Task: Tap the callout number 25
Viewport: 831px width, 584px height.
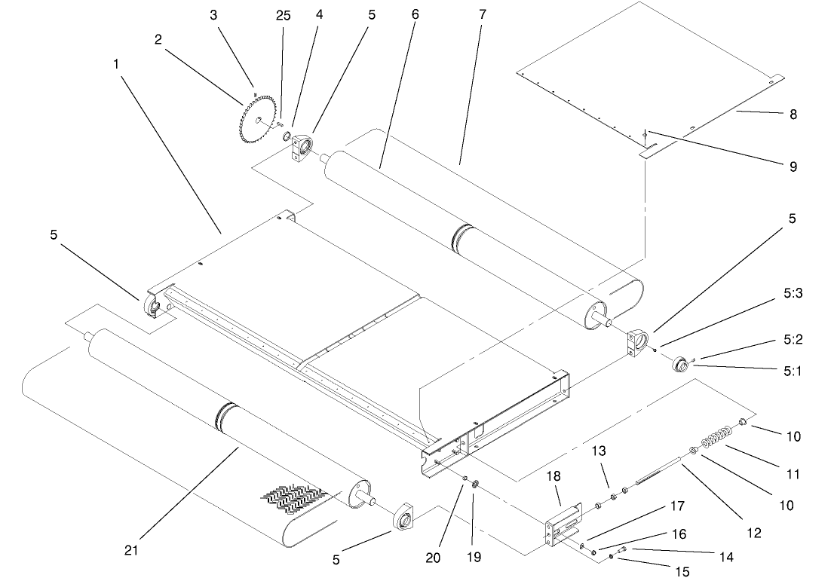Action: (x=283, y=15)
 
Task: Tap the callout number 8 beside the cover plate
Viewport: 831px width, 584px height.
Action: (x=793, y=115)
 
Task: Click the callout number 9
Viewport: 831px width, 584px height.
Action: (x=793, y=167)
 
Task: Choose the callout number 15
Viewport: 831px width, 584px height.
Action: (x=682, y=572)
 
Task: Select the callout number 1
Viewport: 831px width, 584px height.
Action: (x=117, y=64)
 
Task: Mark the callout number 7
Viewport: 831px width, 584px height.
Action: (x=461, y=15)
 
